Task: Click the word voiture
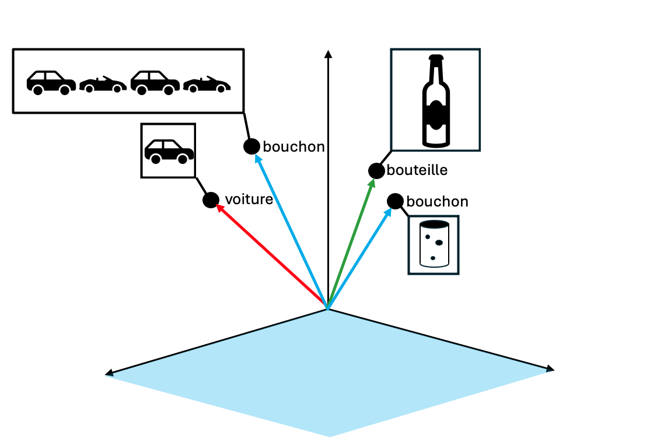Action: (249, 199)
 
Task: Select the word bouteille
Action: (417, 170)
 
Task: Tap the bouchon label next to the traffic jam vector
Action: (293, 146)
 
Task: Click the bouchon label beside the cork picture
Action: (437, 202)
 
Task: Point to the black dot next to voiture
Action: (211, 200)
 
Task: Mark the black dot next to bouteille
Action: (376, 171)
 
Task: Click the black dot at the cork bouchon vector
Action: (395, 201)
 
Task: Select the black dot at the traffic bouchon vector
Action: (251, 146)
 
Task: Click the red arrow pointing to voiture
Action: (268, 254)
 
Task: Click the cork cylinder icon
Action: (434, 244)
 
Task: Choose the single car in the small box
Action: (169, 151)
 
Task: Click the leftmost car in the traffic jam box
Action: (51, 82)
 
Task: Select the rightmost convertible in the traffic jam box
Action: (207, 85)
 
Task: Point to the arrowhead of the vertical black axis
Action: (328, 54)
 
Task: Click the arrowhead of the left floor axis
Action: (109, 373)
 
